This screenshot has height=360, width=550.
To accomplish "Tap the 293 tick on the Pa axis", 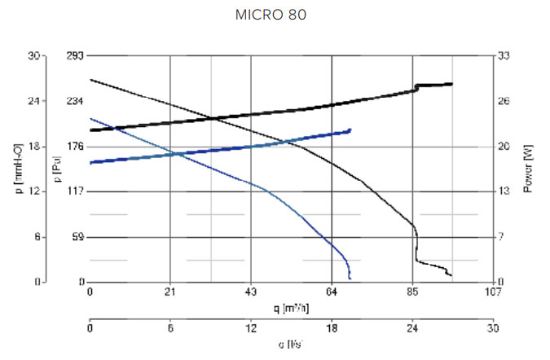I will point(74,56).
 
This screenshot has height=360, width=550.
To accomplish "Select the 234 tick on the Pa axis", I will point(74,102).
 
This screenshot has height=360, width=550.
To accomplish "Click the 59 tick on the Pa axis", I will point(77,237).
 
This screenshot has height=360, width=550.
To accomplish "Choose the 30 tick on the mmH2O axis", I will point(33,56).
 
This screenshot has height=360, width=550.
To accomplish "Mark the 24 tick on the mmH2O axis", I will point(33,102).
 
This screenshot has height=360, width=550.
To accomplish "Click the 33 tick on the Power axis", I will point(504,56).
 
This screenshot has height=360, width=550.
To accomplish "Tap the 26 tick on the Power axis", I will point(504,102).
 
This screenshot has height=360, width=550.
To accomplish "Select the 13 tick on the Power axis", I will point(504,191).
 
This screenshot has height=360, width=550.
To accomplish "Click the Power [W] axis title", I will point(527,169).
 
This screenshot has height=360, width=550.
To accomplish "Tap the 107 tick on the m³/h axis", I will point(492,292).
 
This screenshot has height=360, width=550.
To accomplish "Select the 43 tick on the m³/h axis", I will point(251,292).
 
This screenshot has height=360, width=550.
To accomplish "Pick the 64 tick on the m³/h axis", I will point(332,292).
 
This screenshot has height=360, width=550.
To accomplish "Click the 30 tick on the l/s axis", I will point(492,329).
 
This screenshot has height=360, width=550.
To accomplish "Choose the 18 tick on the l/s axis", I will point(332,329).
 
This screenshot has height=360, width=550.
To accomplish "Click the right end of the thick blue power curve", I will point(350,130).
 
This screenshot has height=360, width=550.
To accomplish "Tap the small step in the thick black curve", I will point(416,86).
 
